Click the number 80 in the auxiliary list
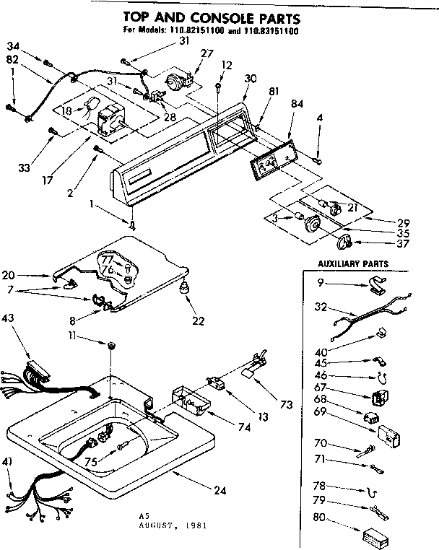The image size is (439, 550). [x=318, y=516]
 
